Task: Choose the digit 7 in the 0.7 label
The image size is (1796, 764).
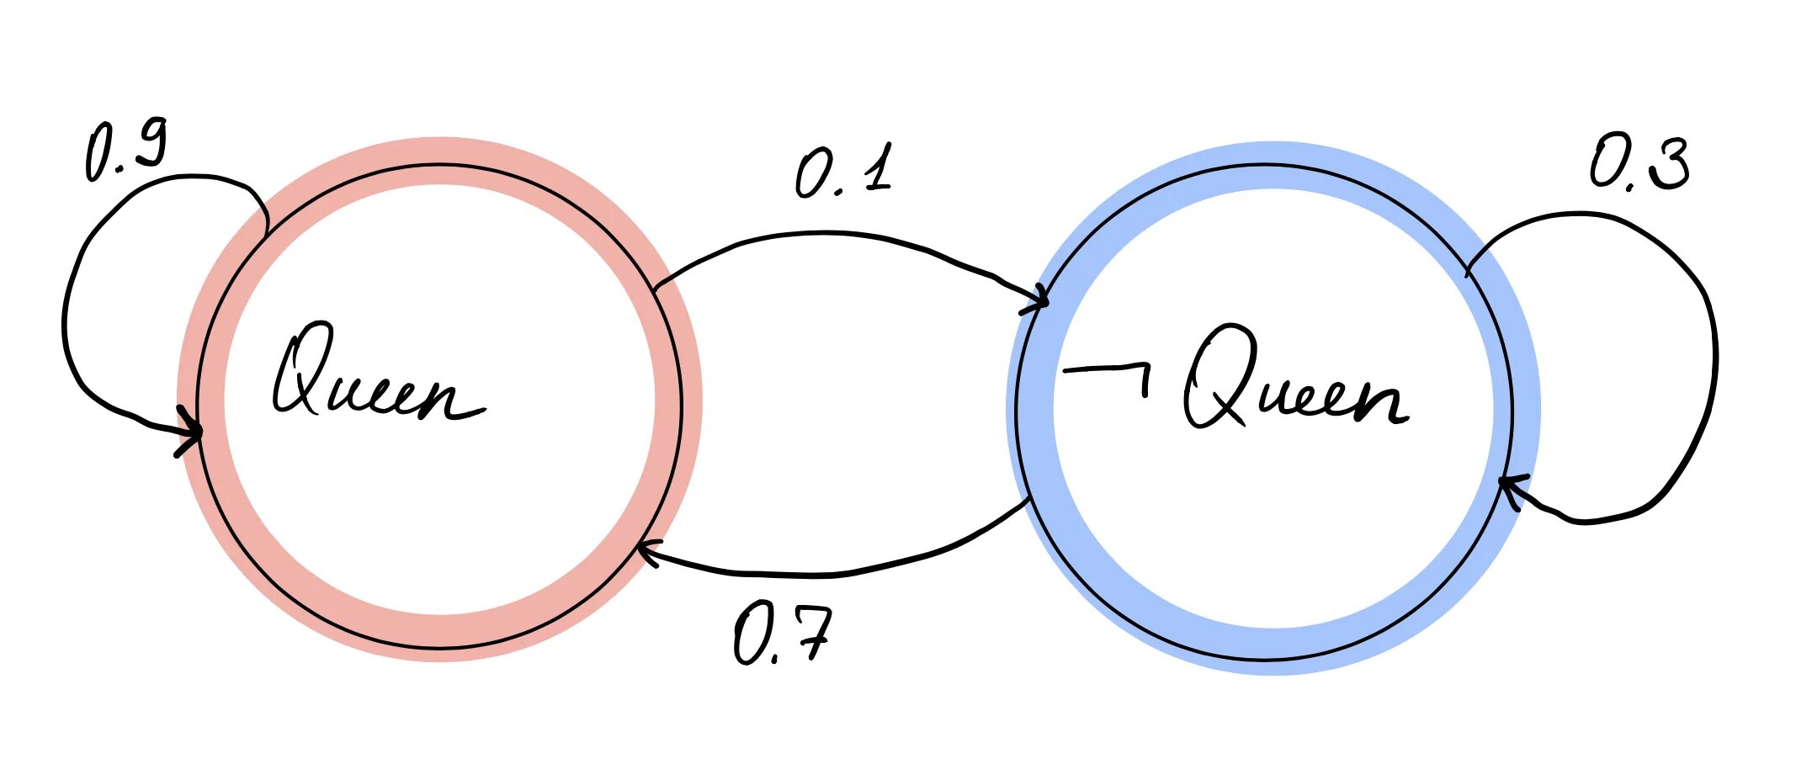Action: [811, 633]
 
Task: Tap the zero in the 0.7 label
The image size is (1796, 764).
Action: [749, 636]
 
